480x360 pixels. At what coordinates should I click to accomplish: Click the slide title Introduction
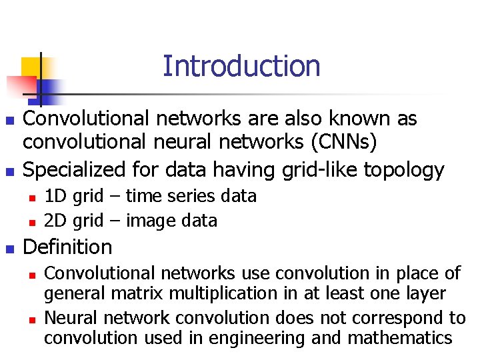point(241,66)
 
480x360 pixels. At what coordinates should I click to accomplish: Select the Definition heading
point(67,247)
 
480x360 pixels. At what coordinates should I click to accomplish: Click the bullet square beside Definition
point(9,249)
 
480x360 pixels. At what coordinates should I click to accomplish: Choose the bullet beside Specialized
point(9,171)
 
